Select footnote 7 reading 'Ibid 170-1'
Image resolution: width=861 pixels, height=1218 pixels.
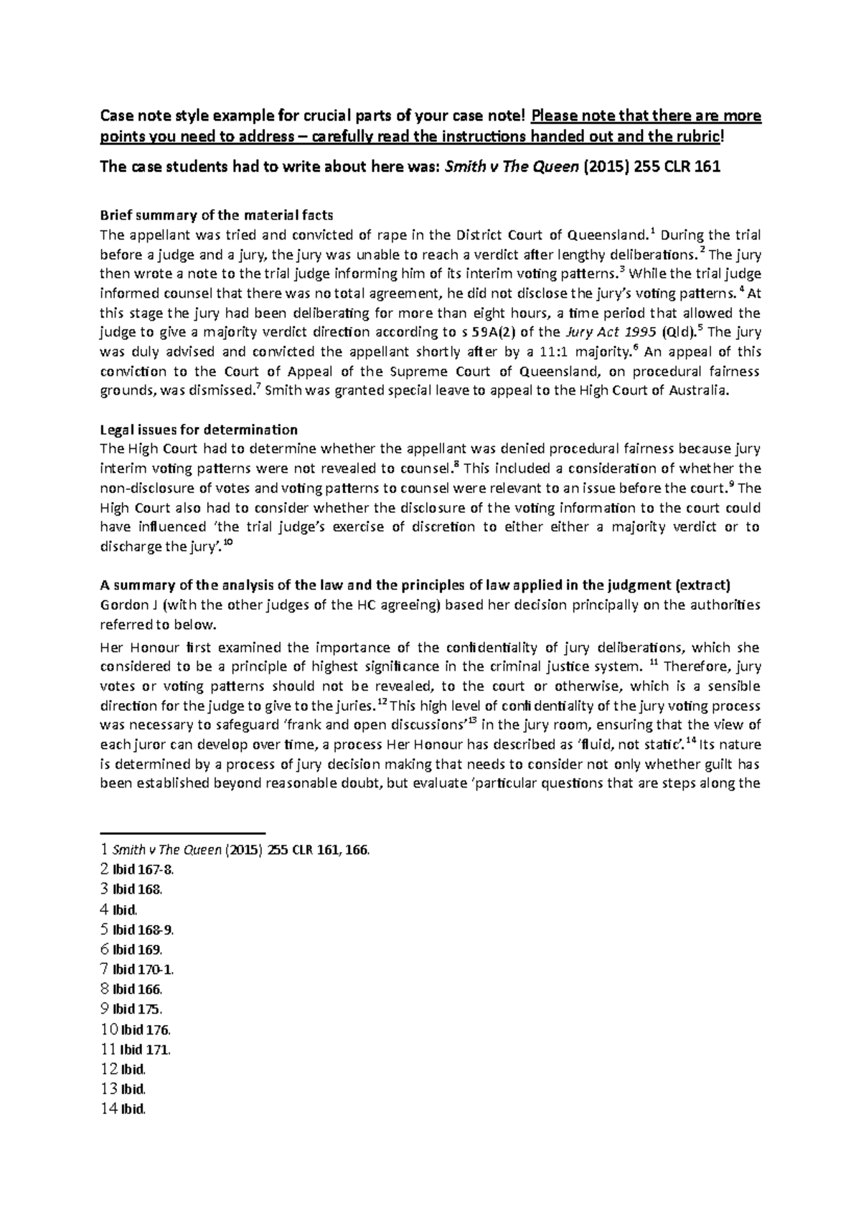click(136, 969)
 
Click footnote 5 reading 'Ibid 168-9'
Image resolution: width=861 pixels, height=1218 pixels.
click(136, 930)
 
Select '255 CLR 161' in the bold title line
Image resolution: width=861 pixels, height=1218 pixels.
click(681, 167)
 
